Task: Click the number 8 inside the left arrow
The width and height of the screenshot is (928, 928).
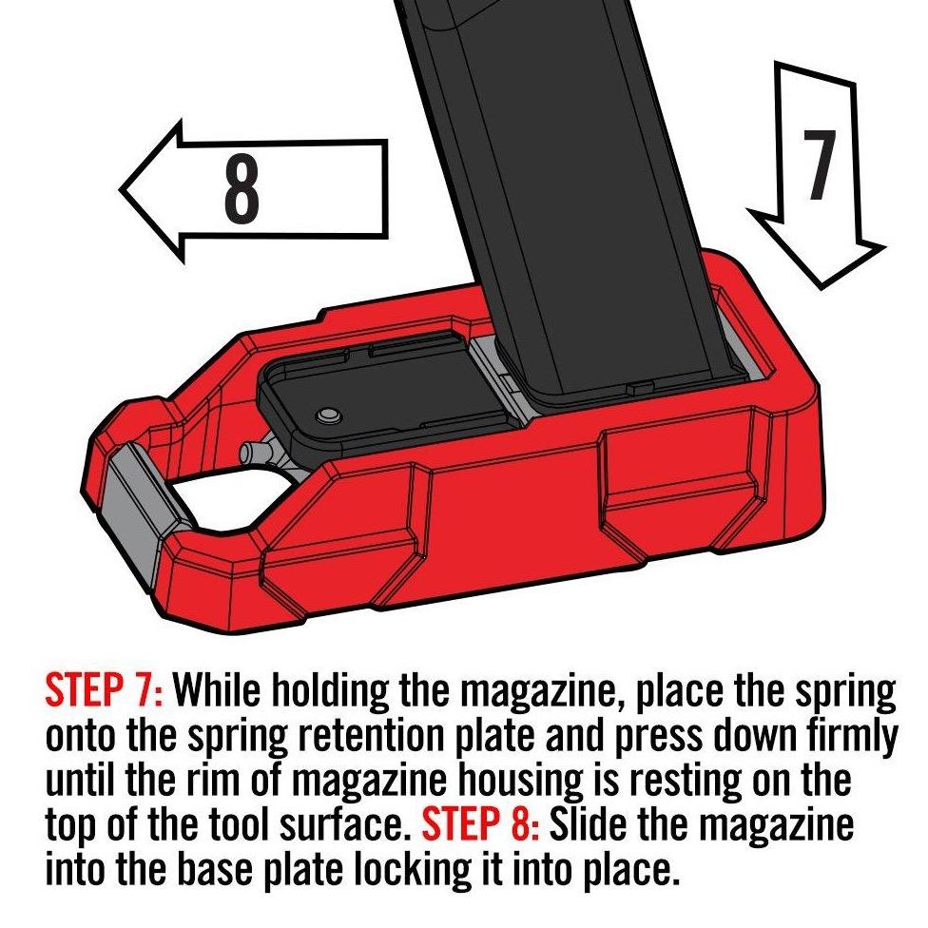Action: [x=242, y=189]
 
